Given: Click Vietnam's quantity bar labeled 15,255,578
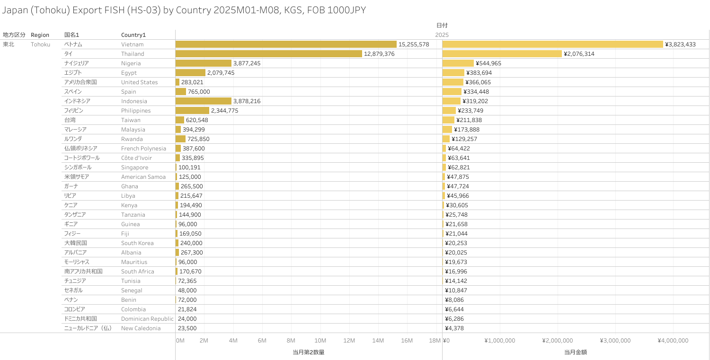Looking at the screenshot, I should click(286, 44).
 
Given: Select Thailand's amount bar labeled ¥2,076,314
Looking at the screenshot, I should click(502, 53).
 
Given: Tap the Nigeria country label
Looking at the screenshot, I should click(131, 63).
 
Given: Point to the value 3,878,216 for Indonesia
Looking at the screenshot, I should click(247, 101).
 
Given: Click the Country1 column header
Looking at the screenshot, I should click(133, 35).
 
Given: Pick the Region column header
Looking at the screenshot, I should click(40, 35).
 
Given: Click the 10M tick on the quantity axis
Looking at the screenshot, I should click(320, 341).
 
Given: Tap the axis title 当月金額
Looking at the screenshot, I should click(575, 352).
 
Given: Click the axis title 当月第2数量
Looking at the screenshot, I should click(308, 352).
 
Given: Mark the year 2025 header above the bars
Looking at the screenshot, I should click(442, 35).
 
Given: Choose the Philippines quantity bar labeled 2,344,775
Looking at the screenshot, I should click(192, 110).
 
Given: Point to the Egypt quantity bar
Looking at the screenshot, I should click(190, 72).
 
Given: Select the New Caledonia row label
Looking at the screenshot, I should click(141, 328).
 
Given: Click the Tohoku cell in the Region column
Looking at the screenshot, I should click(40, 44).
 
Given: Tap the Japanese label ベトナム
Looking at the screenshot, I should click(73, 44).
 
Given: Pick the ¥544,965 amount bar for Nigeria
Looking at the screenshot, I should click(458, 63).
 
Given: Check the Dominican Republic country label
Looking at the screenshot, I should click(147, 319).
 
